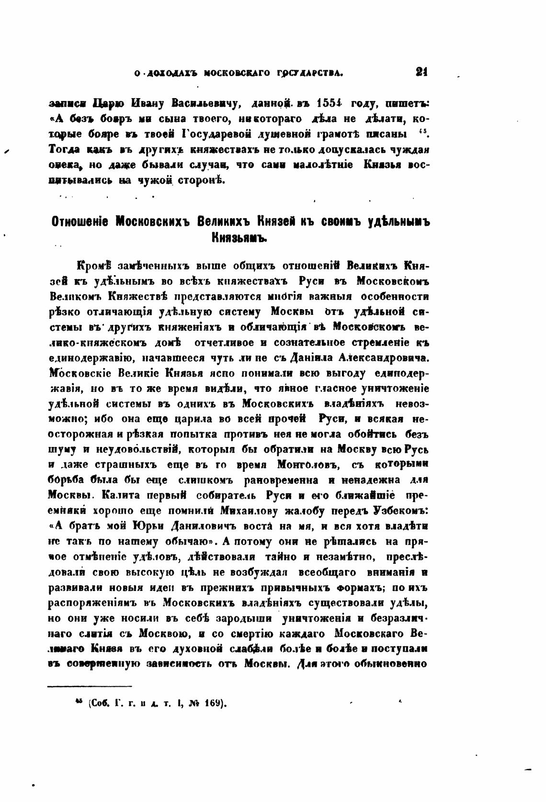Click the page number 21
[x=421, y=73]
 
